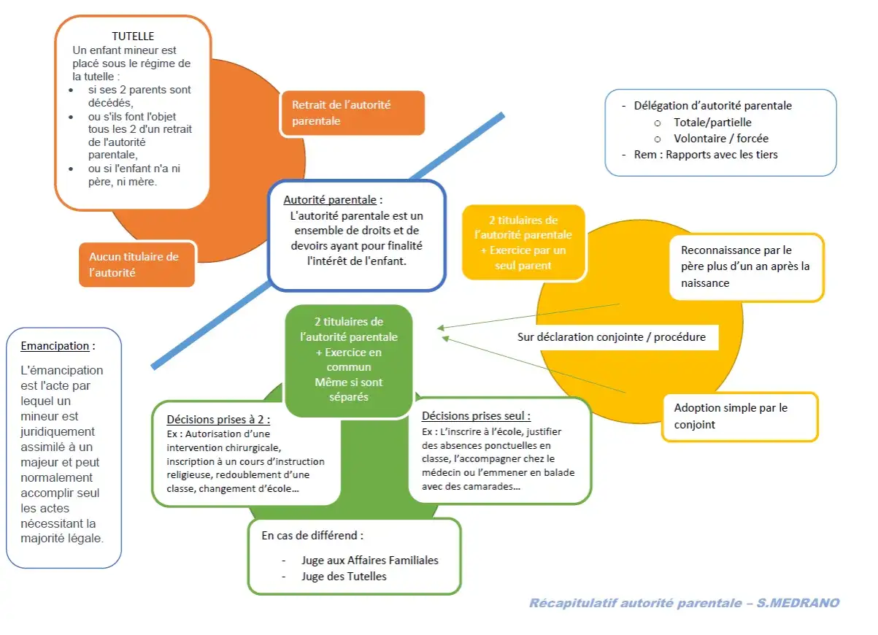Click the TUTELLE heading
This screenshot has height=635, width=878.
pos(133,36)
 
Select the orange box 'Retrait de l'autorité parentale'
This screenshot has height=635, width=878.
pos(353,113)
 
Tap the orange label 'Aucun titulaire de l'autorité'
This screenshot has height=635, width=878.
pos(136,264)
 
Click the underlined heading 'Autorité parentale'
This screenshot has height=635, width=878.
pos(330,200)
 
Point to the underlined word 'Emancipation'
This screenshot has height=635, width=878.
pos(55,346)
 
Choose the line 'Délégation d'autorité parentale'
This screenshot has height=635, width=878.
pos(712,106)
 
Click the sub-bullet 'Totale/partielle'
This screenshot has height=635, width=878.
pos(712,123)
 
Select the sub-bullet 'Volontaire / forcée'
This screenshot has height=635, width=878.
pos(721,139)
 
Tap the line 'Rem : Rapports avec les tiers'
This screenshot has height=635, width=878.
pos(706,155)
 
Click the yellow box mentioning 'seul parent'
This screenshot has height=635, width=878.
pos(523,242)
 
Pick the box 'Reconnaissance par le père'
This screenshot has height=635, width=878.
pos(747,267)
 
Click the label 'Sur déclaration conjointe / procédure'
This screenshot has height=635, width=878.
pos(611,337)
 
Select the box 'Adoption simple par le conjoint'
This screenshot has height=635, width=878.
pos(739,416)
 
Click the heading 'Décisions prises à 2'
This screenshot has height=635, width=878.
pos(218,420)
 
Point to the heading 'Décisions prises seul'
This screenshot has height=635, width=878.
pos(476,416)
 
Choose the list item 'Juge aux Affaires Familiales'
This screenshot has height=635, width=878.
pos(369,561)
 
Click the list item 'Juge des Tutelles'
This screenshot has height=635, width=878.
pos(344,577)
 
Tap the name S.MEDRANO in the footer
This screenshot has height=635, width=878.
pos(798,603)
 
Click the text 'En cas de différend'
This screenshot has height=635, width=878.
pos(312,536)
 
